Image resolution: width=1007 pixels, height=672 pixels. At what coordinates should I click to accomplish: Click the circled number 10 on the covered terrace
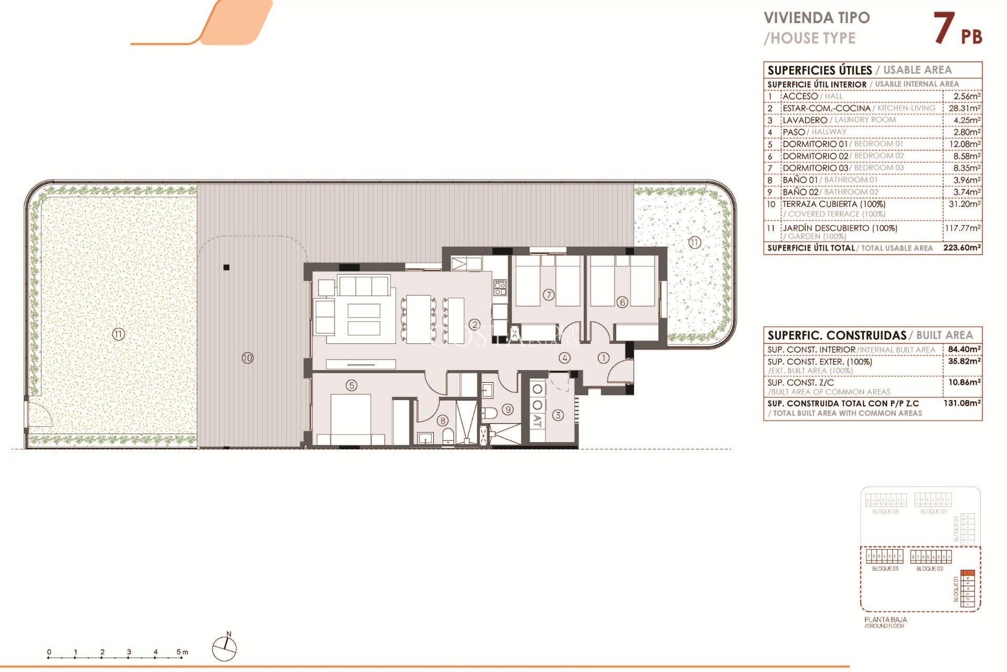[247, 358]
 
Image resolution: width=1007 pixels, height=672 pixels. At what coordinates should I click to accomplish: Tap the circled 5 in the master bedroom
[351, 385]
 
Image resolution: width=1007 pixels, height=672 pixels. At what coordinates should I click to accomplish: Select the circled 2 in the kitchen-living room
[475, 325]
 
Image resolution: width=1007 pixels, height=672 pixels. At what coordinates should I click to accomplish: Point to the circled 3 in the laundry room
[558, 415]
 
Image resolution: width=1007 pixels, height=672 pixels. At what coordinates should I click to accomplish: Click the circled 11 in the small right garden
[694, 243]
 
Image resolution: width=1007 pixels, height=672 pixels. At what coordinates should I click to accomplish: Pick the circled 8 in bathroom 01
[443, 421]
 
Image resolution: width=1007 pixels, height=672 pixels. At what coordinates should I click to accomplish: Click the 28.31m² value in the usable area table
[964, 108]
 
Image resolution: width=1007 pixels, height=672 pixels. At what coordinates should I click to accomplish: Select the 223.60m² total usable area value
[961, 248]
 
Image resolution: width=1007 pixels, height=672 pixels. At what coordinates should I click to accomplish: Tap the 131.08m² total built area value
[962, 403]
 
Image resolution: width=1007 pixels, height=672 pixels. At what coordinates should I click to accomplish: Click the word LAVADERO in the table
[805, 120]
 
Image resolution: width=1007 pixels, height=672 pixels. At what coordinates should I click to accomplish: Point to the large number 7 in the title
[944, 28]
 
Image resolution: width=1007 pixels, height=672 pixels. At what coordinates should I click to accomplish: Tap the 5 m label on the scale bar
[182, 652]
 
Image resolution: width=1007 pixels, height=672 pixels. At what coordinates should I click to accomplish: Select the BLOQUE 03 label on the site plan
[885, 569]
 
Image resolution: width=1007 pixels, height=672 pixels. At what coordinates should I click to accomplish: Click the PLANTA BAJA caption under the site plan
[885, 619]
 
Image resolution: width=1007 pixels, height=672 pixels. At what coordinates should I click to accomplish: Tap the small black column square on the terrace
[227, 267]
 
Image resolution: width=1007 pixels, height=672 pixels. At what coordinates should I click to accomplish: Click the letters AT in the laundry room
[537, 421]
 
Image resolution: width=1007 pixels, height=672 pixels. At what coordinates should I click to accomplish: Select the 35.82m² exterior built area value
[964, 361]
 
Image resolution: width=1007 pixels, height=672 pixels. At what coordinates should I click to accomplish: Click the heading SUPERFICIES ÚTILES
[819, 70]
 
